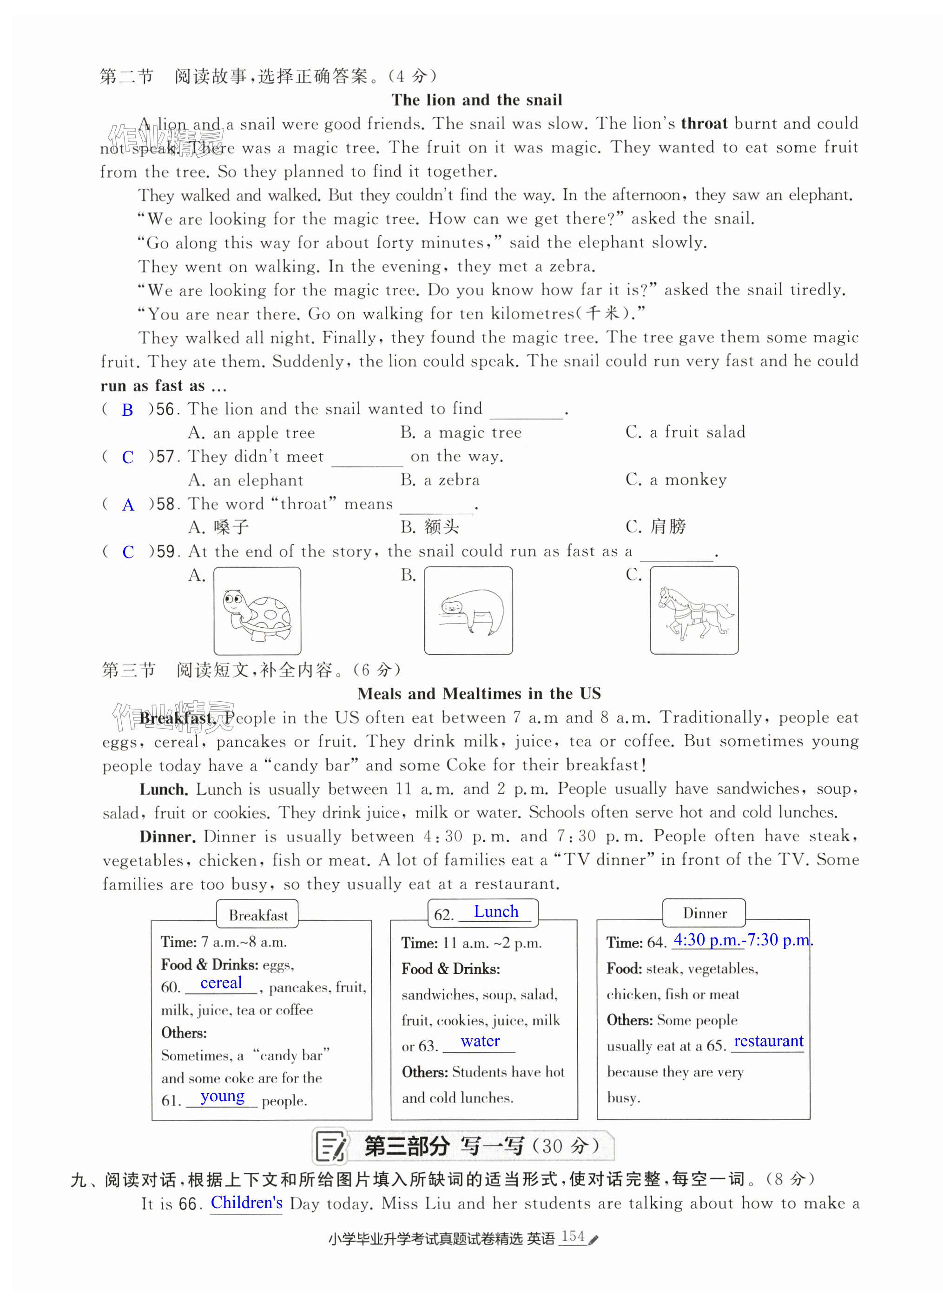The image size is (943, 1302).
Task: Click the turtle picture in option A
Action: click(x=257, y=611)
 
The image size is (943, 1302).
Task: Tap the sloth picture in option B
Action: click(x=468, y=611)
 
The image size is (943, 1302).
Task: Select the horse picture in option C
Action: click(x=694, y=611)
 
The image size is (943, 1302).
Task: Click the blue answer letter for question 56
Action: click(x=127, y=410)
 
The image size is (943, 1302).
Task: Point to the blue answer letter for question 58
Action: click(x=128, y=505)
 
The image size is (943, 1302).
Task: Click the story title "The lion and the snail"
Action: click(x=476, y=100)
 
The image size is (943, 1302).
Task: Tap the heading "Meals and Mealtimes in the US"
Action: click(x=479, y=693)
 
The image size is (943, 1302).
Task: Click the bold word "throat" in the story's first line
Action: click(x=704, y=123)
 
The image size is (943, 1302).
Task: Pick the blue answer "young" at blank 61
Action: click(x=222, y=1096)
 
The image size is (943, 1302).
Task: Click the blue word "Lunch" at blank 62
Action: click(x=496, y=911)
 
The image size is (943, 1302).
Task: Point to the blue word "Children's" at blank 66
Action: click(x=246, y=1202)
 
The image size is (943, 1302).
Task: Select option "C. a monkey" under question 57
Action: click(x=676, y=480)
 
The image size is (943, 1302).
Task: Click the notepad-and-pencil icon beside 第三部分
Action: click(x=331, y=1146)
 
